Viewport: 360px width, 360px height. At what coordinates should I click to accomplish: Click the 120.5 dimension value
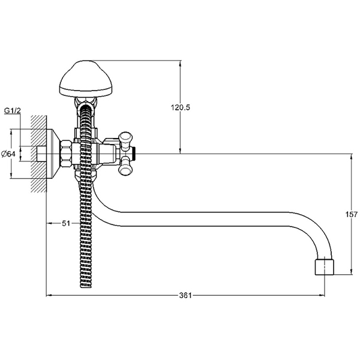(180, 107)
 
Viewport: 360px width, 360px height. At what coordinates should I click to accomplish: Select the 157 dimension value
(352, 214)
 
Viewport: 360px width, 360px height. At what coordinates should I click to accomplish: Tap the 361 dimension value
(185, 295)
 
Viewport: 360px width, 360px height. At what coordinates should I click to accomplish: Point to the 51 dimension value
(66, 223)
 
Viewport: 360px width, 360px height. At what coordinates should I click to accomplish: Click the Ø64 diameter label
(8, 154)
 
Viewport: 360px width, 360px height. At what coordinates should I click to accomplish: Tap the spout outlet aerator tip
(324, 267)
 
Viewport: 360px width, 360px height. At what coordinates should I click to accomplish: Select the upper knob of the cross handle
(125, 139)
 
